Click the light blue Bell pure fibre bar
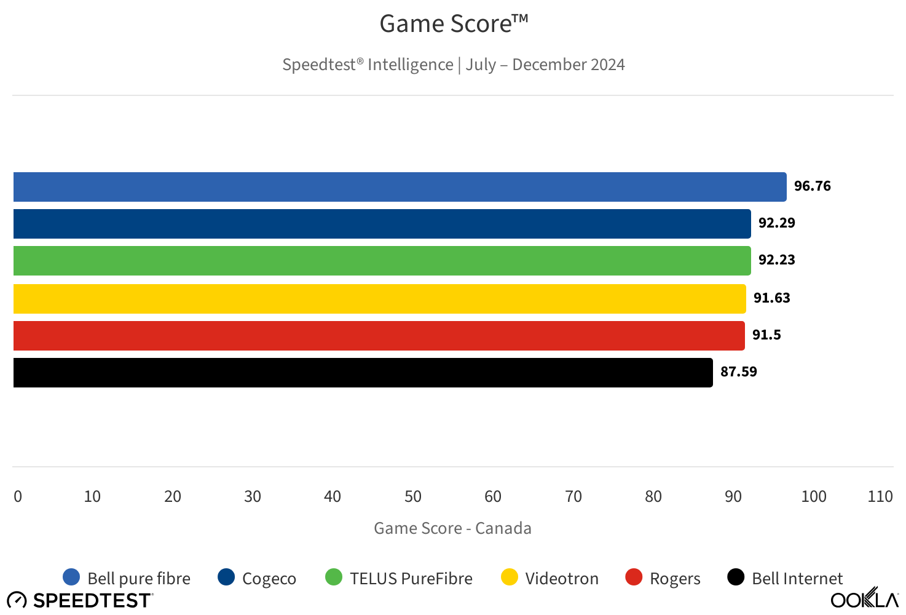point(400,187)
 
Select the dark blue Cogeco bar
point(382,224)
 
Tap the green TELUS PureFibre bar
point(382,261)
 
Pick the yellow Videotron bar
point(379,299)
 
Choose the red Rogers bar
point(379,336)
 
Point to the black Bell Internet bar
point(363,373)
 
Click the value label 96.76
point(812,186)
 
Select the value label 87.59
point(738,372)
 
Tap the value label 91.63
point(771,298)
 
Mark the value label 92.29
point(776,223)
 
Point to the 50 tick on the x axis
point(413,497)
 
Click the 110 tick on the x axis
point(880,497)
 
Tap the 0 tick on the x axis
point(18,497)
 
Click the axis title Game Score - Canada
point(452,529)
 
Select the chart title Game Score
point(454,25)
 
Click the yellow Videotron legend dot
point(510,577)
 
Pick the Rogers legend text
point(675,579)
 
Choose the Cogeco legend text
point(269,579)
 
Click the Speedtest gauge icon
point(17,600)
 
